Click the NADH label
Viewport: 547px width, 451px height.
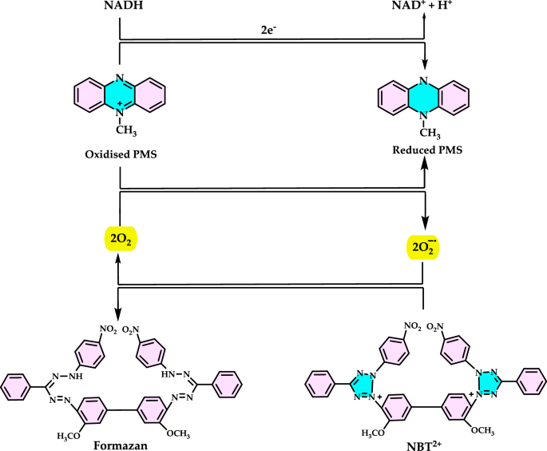pyautogui.click(x=119, y=10)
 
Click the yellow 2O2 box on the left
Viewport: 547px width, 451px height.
pyautogui.click(x=119, y=239)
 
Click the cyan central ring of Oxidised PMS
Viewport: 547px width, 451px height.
pyautogui.click(x=120, y=94)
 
